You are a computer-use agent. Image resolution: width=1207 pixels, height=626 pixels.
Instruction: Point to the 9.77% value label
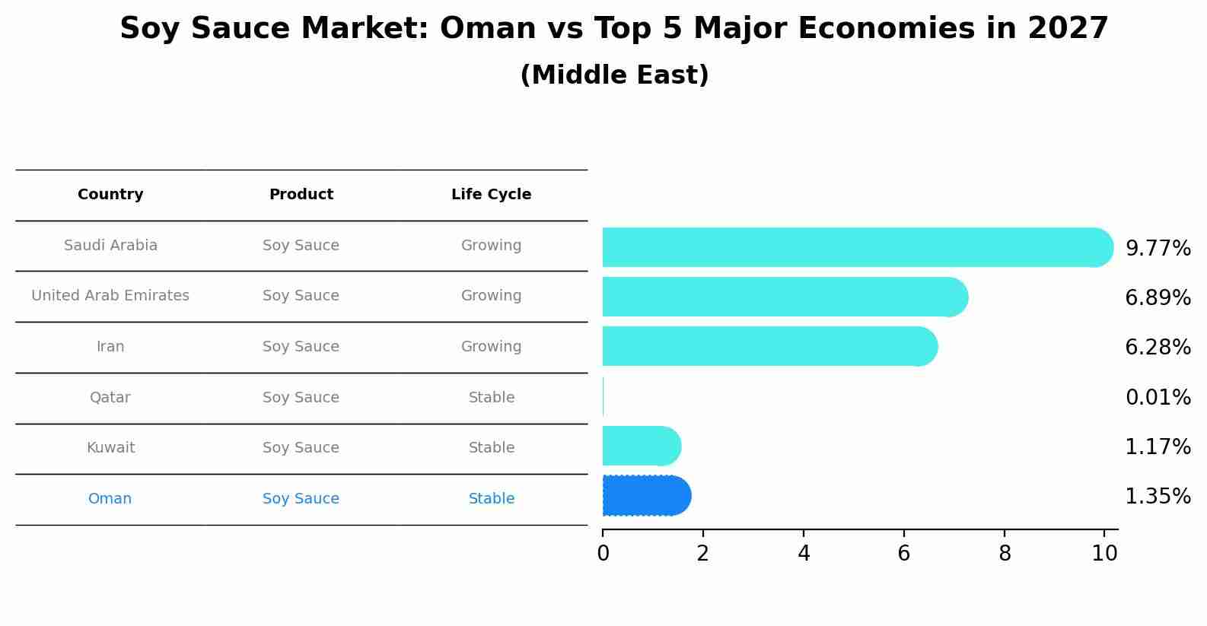point(1158,249)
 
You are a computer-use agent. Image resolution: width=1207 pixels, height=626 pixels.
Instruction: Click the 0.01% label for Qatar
point(1158,397)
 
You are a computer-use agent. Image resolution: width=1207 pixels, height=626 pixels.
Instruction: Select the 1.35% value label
point(1158,497)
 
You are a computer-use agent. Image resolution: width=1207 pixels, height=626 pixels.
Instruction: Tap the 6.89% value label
point(1158,297)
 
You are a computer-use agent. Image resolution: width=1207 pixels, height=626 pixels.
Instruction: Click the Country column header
point(110,195)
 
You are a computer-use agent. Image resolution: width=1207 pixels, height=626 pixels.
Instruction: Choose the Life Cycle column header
point(491,195)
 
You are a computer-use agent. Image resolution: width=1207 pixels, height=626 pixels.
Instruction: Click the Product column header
point(301,195)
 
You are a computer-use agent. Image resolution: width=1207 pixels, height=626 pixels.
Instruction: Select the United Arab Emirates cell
point(110,296)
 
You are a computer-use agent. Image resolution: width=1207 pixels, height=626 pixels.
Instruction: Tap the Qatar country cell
point(110,398)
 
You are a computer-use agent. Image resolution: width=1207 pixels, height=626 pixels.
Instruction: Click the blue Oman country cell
point(110,499)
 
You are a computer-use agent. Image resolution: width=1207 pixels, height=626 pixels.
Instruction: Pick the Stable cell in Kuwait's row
point(491,448)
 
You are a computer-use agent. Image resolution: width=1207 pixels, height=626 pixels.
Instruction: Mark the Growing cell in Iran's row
point(491,347)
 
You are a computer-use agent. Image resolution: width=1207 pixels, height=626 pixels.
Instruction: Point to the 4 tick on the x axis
point(804,554)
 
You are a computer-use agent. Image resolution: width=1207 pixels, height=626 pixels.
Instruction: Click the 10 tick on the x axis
point(1104,554)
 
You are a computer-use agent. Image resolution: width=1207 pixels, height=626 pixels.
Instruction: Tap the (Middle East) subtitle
point(614,75)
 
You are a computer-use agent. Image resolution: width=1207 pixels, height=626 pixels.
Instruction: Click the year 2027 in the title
point(1067,29)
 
